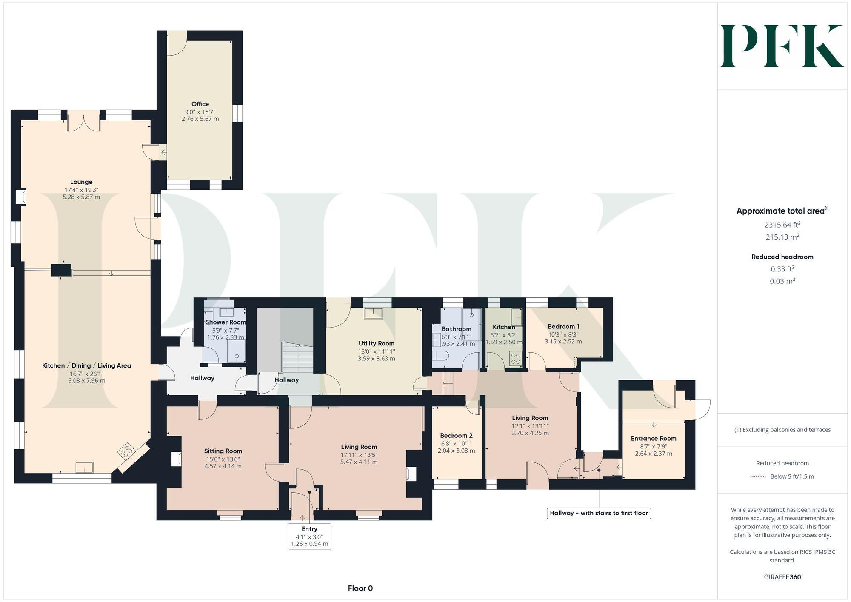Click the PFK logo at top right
pyautogui.click(x=782, y=46)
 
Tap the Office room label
pyautogui.click(x=200, y=104)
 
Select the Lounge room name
pyautogui.click(x=81, y=182)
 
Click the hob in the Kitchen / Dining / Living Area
pyautogui.click(x=126, y=451)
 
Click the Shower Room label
pyautogui.click(x=226, y=322)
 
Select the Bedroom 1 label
pyautogui.click(x=563, y=326)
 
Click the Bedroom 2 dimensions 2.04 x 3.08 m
pyautogui.click(x=456, y=451)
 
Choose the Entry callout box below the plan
pyautogui.click(x=309, y=536)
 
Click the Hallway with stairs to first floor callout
pyautogui.click(x=599, y=513)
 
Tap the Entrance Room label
pyautogui.click(x=653, y=438)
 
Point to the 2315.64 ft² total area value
pyautogui.click(x=782, y=225)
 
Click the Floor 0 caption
pyautogui.click(x=360, y=588)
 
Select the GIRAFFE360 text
pyautogui.click(x=782, y=577)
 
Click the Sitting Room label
pyautogui.click(x=223, y=451)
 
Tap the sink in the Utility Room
pyautogui.click(x=373, y=314)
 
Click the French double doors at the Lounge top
pyautogui.click(x=84, y=121)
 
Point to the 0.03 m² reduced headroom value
pyautogui.click(x=782, y=281)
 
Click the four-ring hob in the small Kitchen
pyautogui.click(x=516, y=359)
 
